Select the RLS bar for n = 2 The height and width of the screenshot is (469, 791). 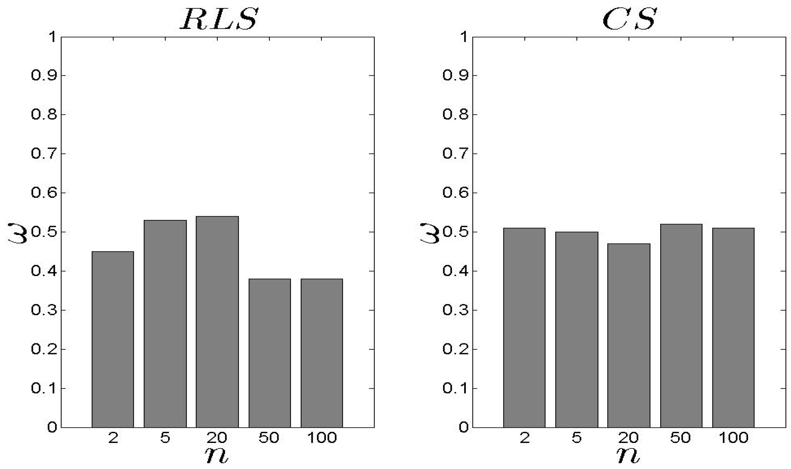click(113, 339)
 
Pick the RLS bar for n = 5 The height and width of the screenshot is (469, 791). click(165, 324)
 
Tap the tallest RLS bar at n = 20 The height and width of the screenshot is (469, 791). click(217, 322)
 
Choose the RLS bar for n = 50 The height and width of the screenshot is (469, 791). click(269, 353)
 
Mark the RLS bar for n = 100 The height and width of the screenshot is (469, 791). click(321, 353)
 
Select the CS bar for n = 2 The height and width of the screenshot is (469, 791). click(524, 328)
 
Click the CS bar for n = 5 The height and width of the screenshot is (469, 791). click(577, 329)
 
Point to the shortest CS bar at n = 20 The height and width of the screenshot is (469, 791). click(629, 336)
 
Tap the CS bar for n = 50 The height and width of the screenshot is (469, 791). click(681, 326)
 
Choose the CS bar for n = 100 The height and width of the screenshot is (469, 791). click(733, 328)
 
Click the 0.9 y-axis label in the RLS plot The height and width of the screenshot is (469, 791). click(44, 75)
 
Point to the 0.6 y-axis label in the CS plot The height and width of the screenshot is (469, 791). click(455, 193)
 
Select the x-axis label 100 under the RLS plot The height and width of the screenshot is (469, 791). click(322, 438)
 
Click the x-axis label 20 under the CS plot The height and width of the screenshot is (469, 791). click(628, 438)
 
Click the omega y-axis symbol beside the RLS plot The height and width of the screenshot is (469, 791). click(18, 233)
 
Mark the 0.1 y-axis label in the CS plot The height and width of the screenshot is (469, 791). click(455, 388)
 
